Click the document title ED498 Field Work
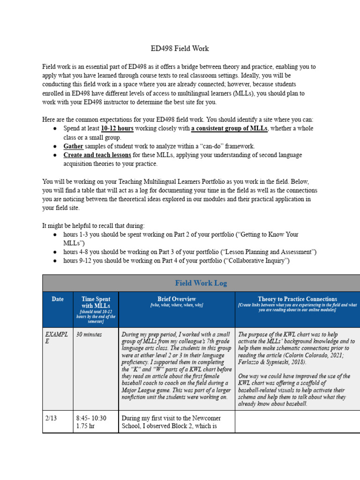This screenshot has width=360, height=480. pos(180,48)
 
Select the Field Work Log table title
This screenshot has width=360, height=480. pos(201,283)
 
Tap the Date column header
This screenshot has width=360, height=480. pos(57,299)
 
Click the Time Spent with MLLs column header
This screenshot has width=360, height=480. pos(96,302)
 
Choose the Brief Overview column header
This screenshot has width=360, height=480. pos(177,299)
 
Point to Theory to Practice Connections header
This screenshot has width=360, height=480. pos(297,299)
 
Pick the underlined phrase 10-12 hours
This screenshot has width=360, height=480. pos(117,128)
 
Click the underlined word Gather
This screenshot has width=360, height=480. pos(74,146)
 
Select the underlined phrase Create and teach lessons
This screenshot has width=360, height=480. pos(97,155)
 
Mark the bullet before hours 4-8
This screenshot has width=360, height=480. pos(55,252)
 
